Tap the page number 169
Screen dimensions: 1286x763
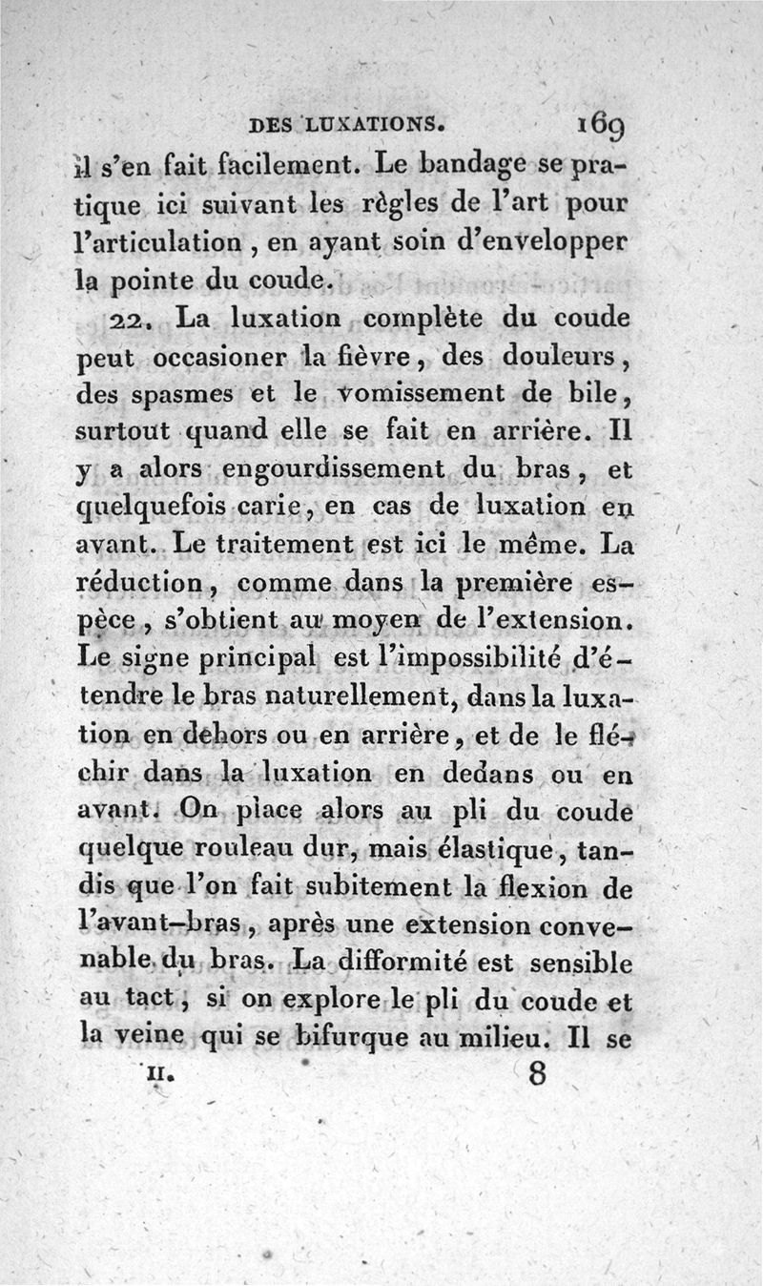point(600,123)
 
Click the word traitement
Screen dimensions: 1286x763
point(302,545)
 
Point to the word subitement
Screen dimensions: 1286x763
point(355,887)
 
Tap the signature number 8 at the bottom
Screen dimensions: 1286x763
point(536,1074)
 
